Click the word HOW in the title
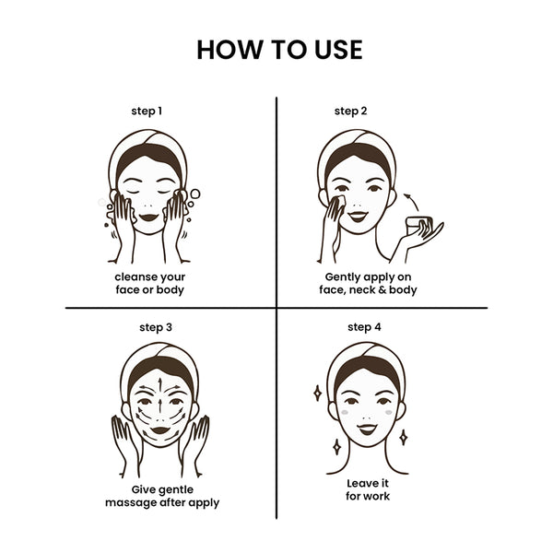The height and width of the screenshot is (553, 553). tap(229, 50)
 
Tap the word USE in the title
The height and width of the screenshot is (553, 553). tap(338, 50)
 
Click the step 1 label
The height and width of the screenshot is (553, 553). tap(147, 112)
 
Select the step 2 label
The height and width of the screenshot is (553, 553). tap(350, 112)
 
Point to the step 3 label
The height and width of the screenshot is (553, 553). tap(156, 327)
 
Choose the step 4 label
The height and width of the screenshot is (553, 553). tap(364, 327)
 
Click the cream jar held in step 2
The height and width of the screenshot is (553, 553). tap(419, 226)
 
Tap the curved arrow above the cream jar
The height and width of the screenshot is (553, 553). tap(412, 201)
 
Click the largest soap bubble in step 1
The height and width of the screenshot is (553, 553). tap(195, 194)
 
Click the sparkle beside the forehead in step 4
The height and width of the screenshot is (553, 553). tap(317, 393)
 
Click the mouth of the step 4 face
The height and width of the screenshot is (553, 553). tap(367, 429)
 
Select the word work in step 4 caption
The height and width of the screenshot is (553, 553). tap(377, 496)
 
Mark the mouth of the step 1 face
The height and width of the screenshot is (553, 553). tap(148, 218)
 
